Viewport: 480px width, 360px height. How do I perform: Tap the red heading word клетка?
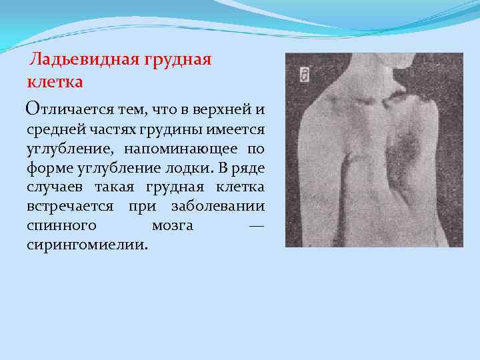tap(55, 83)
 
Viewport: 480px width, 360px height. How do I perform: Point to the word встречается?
tap(70, 206)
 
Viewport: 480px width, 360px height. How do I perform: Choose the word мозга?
tap(173, 225)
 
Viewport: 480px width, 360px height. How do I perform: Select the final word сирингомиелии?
tap(88, 245)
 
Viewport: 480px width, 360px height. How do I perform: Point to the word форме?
tap(49, 167)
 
